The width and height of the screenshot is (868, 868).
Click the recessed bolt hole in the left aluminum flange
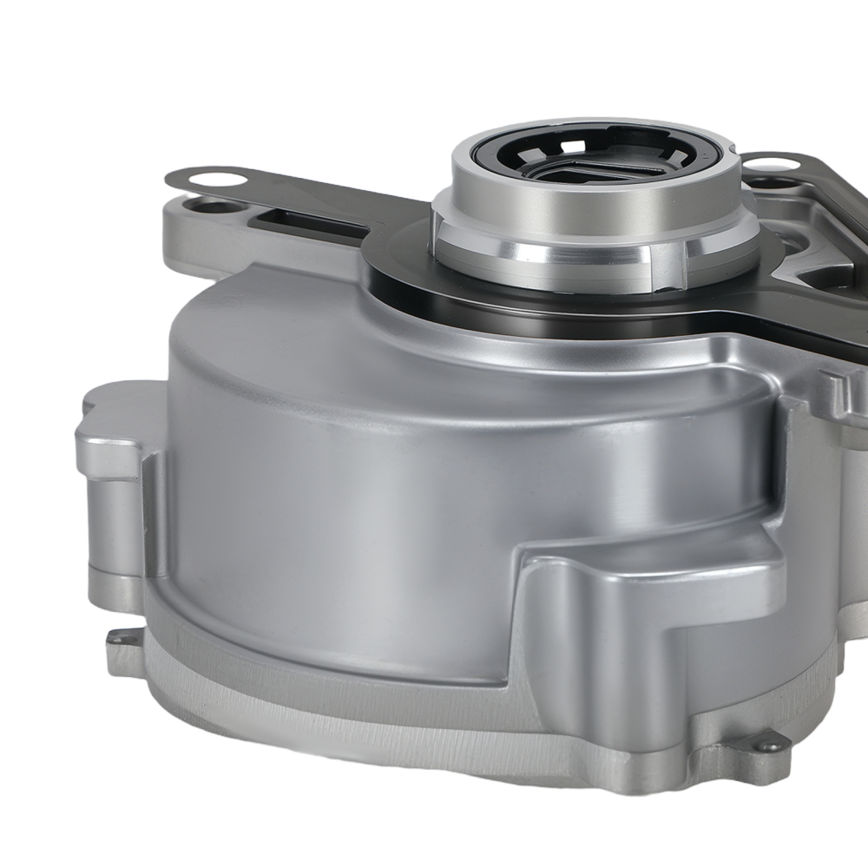(x=207, y=207)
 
